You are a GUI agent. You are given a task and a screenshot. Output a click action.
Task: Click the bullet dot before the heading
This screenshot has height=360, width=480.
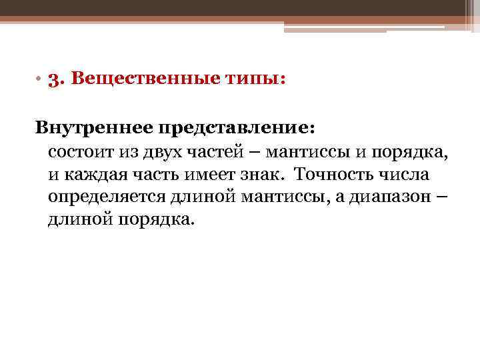pyautogui.click(x=40, y=80)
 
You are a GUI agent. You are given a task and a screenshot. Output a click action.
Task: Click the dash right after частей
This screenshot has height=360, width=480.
pyautogui.click(x=255, y=151)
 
